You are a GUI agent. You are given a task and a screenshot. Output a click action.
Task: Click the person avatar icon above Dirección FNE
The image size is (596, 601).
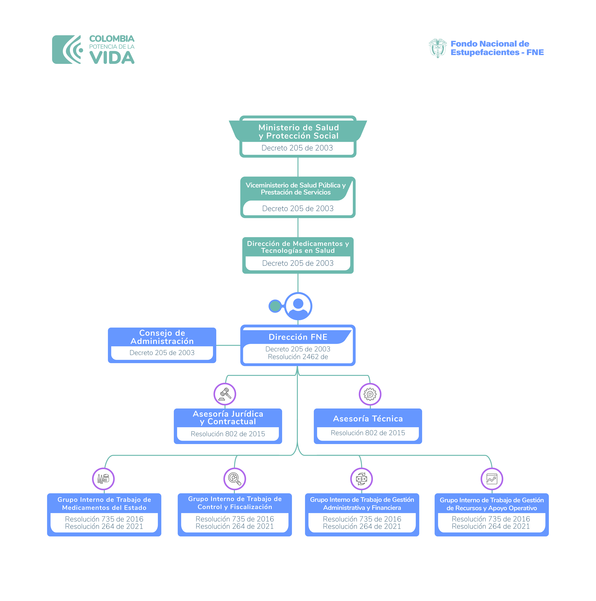(x=298, y=306)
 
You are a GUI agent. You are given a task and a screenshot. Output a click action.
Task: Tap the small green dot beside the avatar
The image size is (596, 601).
(x=275, y=306)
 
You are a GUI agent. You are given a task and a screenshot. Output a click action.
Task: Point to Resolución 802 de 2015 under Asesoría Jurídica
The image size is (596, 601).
(x=228, y=434)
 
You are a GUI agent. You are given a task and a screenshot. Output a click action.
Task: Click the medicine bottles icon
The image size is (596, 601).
(x=103, y=479)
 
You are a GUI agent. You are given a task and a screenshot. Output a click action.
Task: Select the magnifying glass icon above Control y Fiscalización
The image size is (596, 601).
(x=235, y=479)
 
